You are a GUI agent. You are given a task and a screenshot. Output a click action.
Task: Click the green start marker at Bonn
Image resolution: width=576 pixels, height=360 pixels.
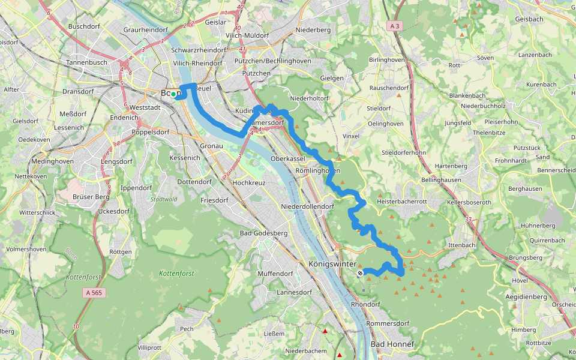pyautogui.click(x=173, y=94)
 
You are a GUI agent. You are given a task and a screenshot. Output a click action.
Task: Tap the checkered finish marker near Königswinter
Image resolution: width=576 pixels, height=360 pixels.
pyautogui.click(x=360, y=274)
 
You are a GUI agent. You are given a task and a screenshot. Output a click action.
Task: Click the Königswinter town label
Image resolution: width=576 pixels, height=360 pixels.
pyautogui.click(x=332, y=263)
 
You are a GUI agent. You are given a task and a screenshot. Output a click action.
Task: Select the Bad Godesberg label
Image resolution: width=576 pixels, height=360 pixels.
pyautogui.click(x=264, y=233)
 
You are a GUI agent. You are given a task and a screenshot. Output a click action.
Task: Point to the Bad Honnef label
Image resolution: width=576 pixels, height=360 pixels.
pyautogui.click(x=392, y=344)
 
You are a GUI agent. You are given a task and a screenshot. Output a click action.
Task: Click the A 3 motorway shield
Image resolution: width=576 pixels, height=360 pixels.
pyautogui.click(x=394, y=26)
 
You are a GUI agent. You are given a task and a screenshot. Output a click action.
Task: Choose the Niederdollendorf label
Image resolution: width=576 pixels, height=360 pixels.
pyautogui.click(x=307, y=206)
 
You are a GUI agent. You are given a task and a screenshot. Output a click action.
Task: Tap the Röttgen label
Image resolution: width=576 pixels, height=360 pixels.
pyautogui.click(x=121, y=252)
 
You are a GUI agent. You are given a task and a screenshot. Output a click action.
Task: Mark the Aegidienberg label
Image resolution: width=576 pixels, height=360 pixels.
pyautogui.click(x=526, y=296)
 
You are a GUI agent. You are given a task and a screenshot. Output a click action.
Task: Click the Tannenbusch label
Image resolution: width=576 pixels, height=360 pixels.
pyautogui.click(x=86, y=62)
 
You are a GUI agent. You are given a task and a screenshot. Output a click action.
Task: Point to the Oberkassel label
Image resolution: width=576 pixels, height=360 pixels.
pyautogui.click(x=289, y=158)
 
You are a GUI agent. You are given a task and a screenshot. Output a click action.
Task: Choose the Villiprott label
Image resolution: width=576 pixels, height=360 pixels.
pyautogui.click(x=149, y=347)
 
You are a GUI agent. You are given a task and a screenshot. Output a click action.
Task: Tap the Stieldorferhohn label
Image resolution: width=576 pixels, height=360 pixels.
pyautogui.click(x=404, y=152)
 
